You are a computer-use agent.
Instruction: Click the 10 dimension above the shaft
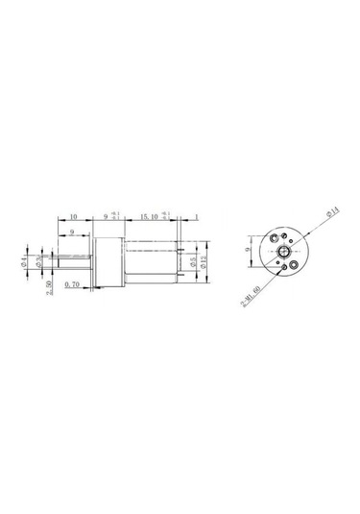tap(75, 218)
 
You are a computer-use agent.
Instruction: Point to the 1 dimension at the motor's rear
tap(196, 218)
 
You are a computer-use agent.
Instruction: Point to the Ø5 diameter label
tap(193, 260)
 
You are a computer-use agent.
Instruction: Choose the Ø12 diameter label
tap(206, 260)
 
